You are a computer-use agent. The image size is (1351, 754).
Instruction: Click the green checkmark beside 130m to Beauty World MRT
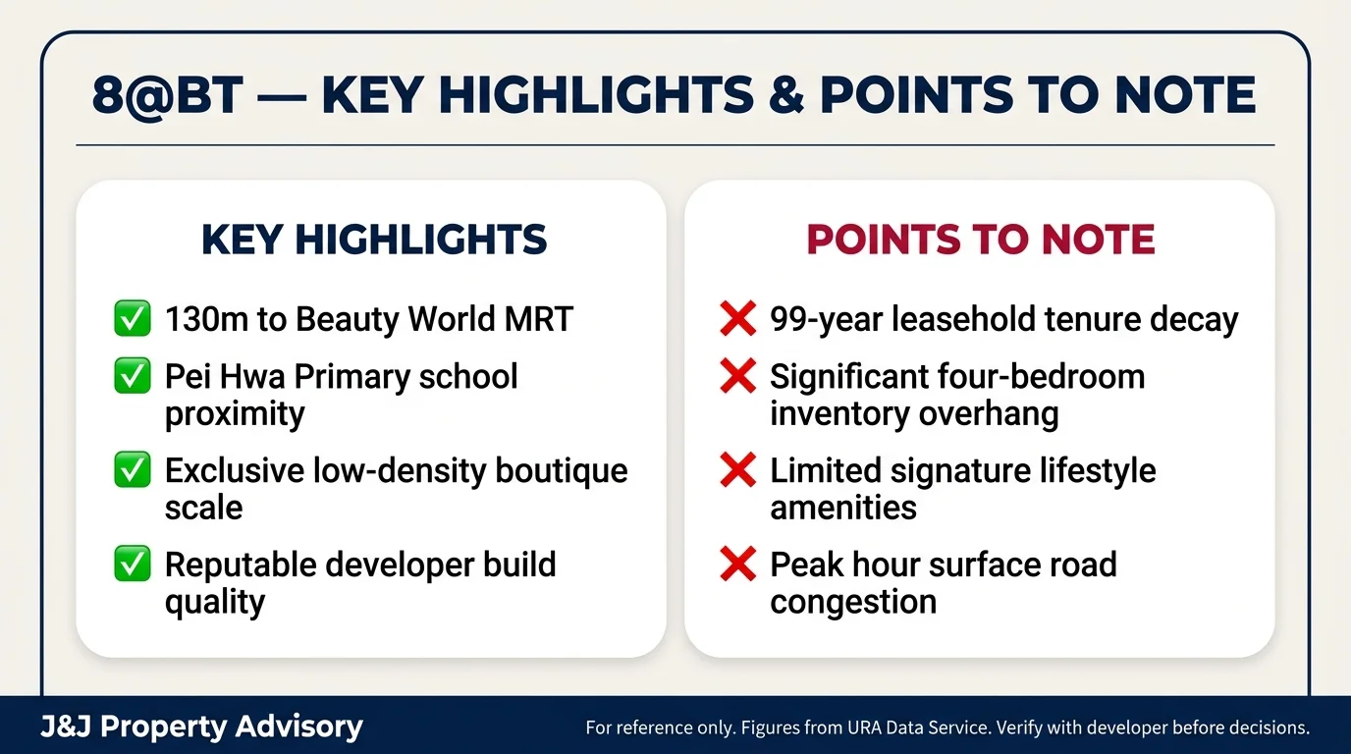tap(133, 319)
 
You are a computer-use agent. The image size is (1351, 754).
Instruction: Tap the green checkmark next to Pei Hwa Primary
tap(133, 376)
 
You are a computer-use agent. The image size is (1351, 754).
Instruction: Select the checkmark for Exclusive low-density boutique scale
tap(133, 470)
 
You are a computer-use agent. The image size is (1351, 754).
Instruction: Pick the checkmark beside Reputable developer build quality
tap(133, 565)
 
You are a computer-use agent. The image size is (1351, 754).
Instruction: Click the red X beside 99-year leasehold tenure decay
tap(737, 319)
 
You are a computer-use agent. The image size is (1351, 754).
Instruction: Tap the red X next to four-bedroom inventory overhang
tap(737, 376)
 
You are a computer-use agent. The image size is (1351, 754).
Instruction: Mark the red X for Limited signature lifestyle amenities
tap(737, 470)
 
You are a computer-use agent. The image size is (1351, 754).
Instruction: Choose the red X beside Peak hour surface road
tap(737, 565)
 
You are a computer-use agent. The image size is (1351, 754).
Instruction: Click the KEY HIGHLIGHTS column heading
tap(373, 240)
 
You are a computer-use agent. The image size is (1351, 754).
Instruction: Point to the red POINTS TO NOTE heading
tap(980, 240)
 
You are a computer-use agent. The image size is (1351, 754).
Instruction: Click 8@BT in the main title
tap(167, 95)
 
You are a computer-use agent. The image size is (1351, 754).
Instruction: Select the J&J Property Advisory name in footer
tap(201, 727)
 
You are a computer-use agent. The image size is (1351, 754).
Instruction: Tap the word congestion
tap(852, 601)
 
